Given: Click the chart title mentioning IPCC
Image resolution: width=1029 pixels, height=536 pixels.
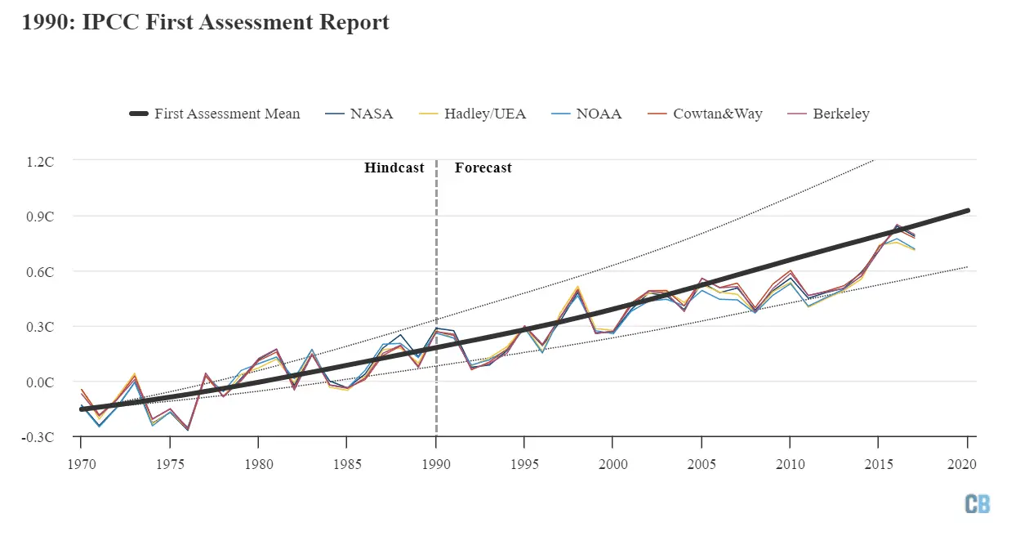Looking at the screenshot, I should (x=206, y=23).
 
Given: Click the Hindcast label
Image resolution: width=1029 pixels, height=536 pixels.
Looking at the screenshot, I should (x=394, y=167).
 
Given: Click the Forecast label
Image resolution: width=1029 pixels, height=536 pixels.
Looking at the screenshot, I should (x=483, y=167).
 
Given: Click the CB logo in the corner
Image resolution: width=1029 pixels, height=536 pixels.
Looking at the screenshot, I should (x=977, y=503).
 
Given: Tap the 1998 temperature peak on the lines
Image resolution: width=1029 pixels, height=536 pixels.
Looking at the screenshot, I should (x=577, y=288).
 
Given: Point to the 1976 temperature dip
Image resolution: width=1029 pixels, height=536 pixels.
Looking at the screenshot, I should (x=187, y=429).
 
